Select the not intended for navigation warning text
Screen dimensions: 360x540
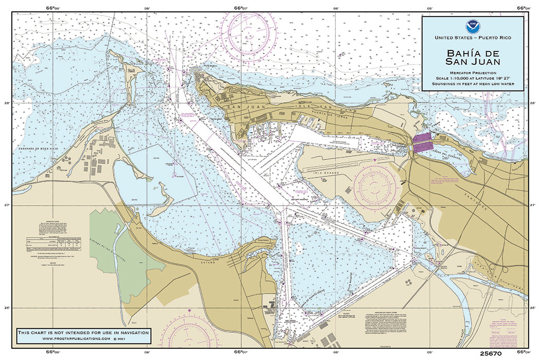pos(84,333)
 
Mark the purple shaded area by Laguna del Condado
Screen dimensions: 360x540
pos(423,142)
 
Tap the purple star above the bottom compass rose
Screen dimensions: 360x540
pos(189,311)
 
